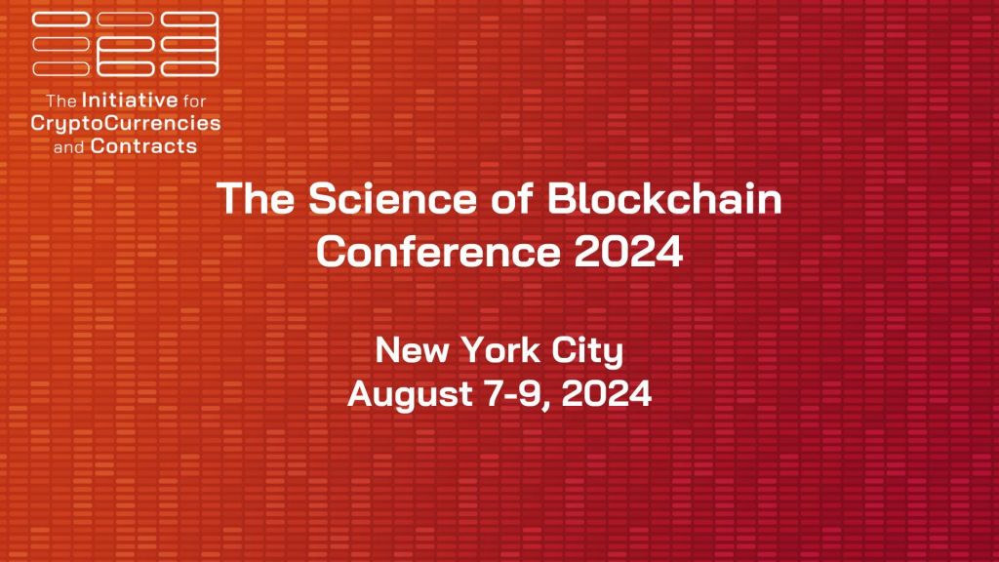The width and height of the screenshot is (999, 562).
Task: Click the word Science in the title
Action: [x=392, y=198]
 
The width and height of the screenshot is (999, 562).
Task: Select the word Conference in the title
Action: [x=438, y=251]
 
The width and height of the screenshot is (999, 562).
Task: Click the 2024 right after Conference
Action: [x=628, y=251]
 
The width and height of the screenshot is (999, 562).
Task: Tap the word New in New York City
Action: [x=412, y=350]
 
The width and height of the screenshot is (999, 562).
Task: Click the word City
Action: [x=587, y=351]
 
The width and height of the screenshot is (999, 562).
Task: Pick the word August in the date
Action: [x=410, y=394]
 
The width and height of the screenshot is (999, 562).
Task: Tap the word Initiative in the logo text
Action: [x=130, y=100]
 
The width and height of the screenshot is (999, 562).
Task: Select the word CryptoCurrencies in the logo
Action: [x=126, y=123]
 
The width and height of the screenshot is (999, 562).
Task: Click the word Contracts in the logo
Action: [x=144, y=146]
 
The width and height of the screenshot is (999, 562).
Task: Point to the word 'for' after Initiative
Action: [x=194, y=100]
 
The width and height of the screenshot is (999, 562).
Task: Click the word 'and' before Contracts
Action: [x=69, y=147]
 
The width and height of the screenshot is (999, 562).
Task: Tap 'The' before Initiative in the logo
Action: [x=61, y=100]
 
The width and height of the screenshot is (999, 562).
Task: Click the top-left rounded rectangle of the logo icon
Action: [x=61, y=20]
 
